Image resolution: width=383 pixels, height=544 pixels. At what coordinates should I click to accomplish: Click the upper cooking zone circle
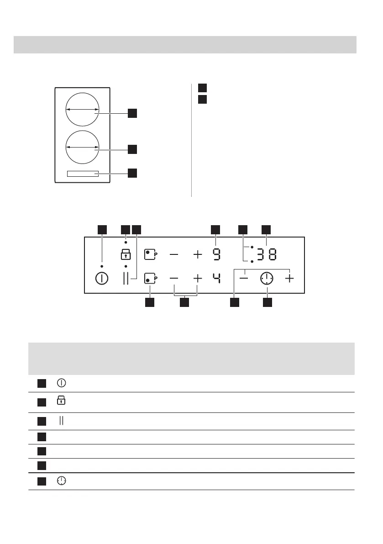82,109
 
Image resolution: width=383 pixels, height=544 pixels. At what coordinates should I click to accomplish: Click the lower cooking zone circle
82,147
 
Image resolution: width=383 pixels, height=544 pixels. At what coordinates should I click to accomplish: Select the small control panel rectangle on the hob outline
83,174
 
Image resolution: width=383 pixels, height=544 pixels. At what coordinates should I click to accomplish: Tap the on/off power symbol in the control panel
102,278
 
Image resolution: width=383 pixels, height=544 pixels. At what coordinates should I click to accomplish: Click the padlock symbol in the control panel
126,254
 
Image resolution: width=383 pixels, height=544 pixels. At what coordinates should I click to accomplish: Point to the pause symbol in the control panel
126,278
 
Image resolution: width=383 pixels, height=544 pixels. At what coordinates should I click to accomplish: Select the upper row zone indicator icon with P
150,254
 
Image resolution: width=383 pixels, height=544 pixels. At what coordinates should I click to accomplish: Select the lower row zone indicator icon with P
150,278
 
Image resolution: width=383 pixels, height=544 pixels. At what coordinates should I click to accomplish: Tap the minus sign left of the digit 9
174,254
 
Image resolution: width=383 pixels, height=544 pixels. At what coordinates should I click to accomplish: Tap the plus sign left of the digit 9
197,254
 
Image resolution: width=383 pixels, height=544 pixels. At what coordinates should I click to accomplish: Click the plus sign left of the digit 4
197,278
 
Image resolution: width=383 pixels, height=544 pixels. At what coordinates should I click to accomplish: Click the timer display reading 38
267,254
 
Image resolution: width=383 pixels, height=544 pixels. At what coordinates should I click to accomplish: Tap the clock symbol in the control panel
267,278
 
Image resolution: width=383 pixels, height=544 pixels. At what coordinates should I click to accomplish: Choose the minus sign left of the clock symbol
245,278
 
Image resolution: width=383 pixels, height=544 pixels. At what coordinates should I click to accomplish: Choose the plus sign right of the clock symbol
289,278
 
